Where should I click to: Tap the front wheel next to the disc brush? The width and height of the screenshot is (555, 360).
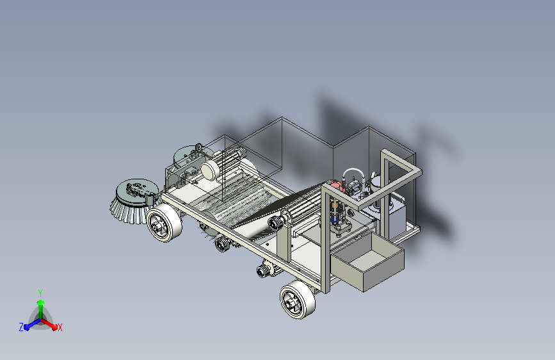point(165,223)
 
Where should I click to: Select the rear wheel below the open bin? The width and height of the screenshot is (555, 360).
point(298,300)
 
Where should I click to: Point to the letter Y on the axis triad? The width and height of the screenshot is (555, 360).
point(40,293)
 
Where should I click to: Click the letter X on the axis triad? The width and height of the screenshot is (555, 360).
point(60,328)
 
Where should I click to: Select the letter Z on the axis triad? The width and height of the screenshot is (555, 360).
point(21,327)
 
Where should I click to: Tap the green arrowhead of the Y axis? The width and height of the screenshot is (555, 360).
point(41,303)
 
